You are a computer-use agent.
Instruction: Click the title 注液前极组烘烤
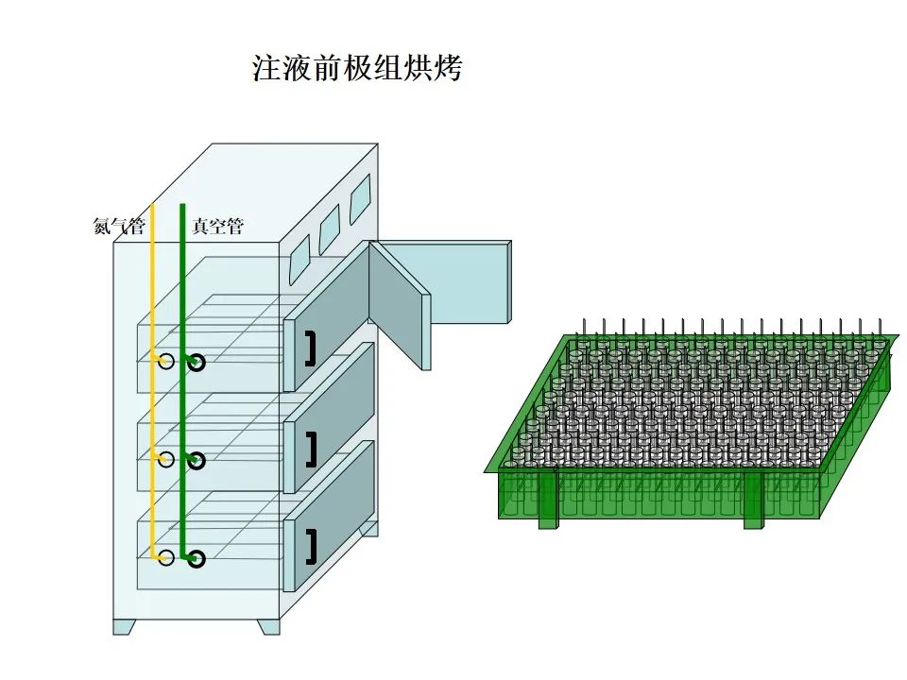point(357,68)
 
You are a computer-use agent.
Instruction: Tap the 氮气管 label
point(119,227)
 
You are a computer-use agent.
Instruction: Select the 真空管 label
point(218,227)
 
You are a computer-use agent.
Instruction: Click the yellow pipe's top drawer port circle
point(166,362)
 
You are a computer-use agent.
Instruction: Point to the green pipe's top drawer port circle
point(197,363)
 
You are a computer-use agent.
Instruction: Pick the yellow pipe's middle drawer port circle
point(166,460)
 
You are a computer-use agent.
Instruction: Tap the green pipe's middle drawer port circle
point(197,461)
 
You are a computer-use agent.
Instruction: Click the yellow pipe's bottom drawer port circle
point(166,558)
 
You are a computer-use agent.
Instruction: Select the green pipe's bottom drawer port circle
point(197,559)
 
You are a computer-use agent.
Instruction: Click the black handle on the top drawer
point(310,348)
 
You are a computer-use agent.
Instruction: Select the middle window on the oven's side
point(329,228)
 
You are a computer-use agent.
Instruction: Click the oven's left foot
point(125,625)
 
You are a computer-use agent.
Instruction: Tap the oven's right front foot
point(268,625)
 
